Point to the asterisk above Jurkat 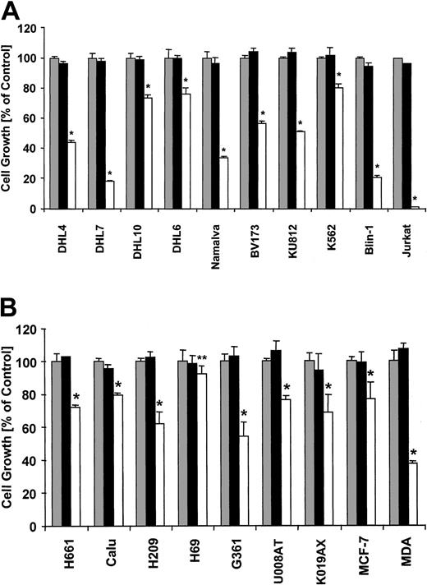(415, 200)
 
